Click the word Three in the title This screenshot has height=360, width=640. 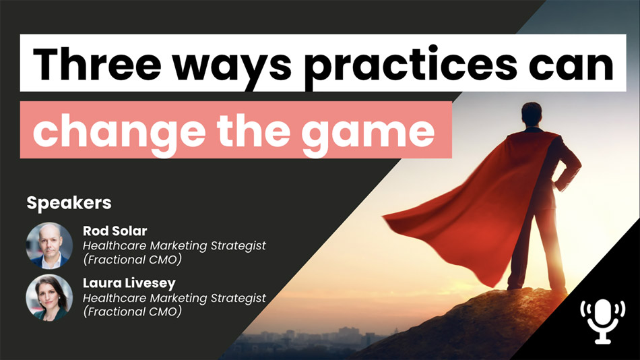(x=97, y=64)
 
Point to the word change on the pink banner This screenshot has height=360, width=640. (x=119, y=131)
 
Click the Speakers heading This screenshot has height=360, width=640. (x=69, y=203)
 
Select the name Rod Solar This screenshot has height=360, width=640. (x=115, y=231)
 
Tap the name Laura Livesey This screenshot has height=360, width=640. (x=129, y=283)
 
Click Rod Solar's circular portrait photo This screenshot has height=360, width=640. (x=49, y=245)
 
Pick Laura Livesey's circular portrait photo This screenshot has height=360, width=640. (x=49, y=297)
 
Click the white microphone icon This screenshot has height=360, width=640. (x=603, y=321)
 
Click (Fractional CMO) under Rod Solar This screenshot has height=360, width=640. (x=132, y=260)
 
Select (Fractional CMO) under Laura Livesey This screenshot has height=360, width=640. (x=132, y=311)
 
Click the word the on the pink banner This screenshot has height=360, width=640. (x=253, y=131)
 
